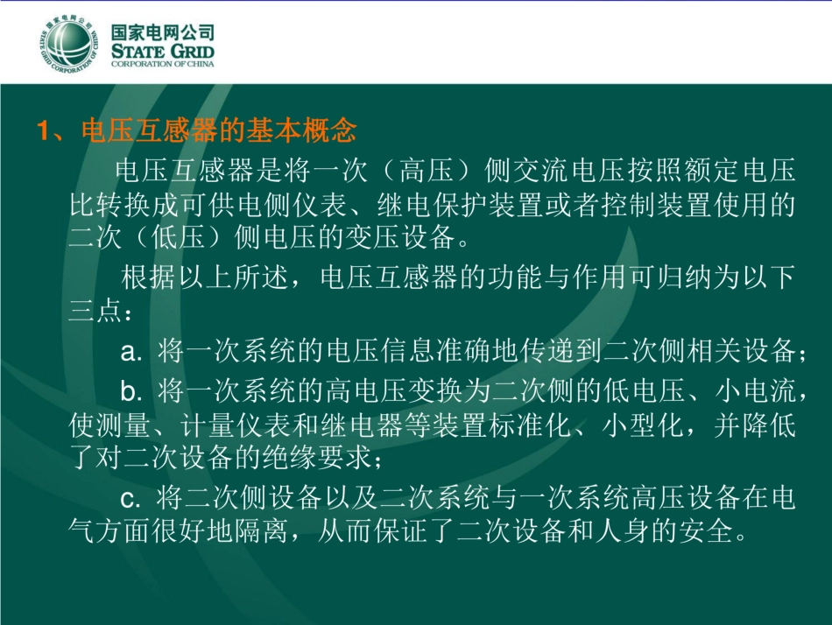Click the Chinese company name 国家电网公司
coord(163,32)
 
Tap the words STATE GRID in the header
coord(163,52)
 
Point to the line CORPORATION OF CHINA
coord(163,66)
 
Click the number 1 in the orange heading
coord(42,131)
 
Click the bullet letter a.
coord(130,353)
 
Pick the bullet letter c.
coord(130,498)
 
